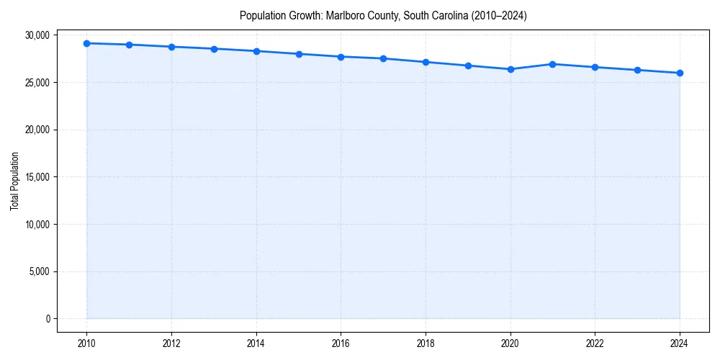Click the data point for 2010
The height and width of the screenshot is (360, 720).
point(86,43)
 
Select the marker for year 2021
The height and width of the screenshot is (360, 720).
point(552,64)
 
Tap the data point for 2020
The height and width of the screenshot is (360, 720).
point(510,69)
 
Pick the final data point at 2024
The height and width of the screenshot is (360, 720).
point(680,73)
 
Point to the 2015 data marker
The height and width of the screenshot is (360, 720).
point(299,54)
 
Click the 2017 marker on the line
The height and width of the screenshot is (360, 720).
point(383,58)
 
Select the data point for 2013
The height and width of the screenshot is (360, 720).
point(214,49)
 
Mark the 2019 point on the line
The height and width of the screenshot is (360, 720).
point(468,66)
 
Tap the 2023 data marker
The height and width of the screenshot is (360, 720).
point(637,70)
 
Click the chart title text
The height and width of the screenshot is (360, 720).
point(383,15)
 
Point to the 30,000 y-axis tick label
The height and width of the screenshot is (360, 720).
point(35,35)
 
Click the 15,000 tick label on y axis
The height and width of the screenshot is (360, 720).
point(35,177)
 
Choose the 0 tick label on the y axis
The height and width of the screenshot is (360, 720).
point(47,319)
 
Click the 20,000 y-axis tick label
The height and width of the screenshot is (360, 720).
point(35,130)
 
